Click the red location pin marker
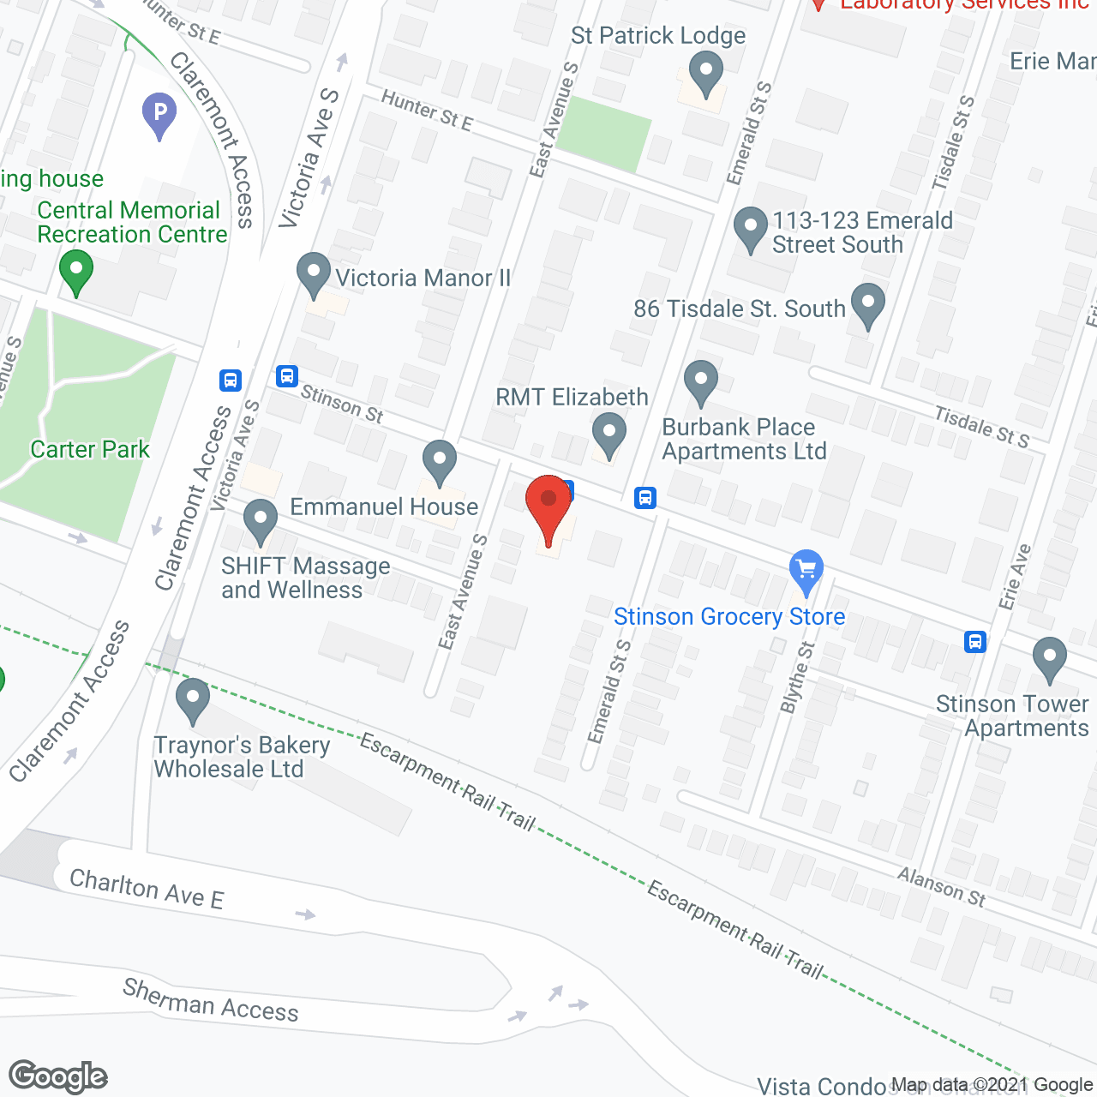[548, 506]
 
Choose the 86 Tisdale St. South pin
[868, 304]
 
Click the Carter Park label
[90, 449]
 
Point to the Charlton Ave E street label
[147, 889]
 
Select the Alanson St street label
[942, 886]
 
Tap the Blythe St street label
[797, 677]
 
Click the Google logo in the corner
[58, 1076]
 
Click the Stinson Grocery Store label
[729, 616]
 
